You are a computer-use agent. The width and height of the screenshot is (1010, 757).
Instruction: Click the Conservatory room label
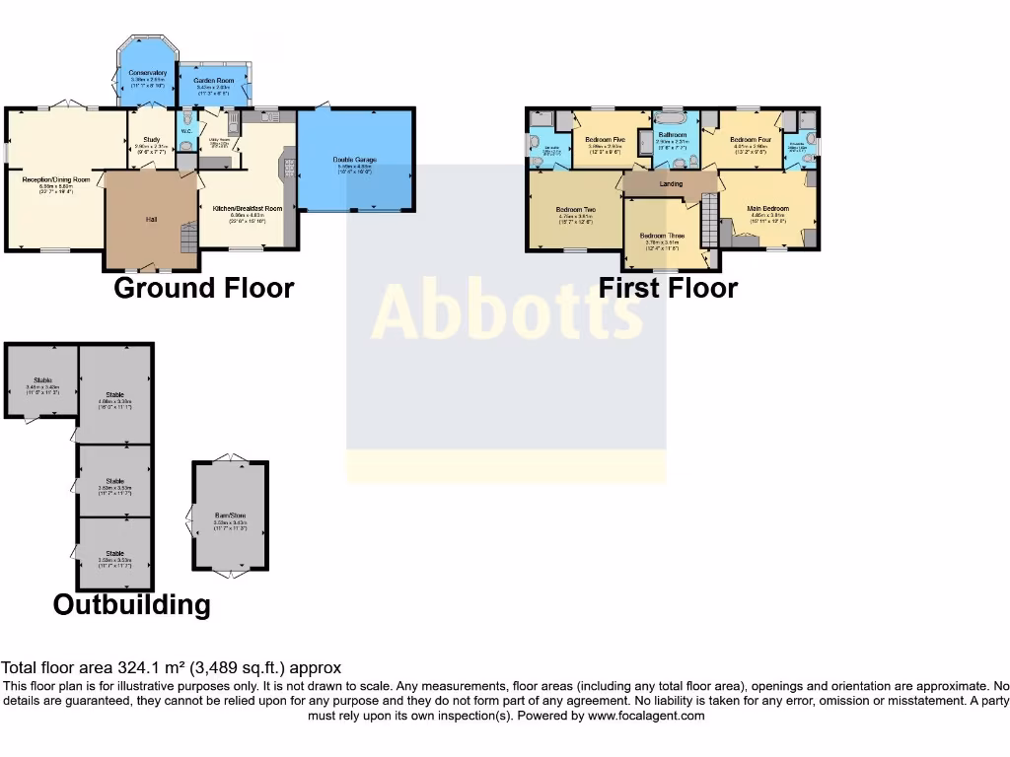(x=147, y=73)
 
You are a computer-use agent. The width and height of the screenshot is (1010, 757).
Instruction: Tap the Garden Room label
(x=212, y=80)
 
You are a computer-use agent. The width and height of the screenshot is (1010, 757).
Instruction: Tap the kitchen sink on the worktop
(x=272, y=117)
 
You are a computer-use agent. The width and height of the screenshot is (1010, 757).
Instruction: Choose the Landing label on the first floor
(x=671, y=183)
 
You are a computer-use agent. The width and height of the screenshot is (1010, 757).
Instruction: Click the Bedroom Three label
(x=661, y=236)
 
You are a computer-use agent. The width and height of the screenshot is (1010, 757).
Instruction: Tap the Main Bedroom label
(x=767, y=208)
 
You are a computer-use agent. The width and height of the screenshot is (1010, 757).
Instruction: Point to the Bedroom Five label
(x=605, y=140)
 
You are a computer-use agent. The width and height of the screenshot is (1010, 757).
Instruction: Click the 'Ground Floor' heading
(x=203, y=288)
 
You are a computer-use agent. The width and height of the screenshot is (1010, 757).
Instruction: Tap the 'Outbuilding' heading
(x=131, y=604)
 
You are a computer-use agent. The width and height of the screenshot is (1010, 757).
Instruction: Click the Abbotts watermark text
(x=506, y=310)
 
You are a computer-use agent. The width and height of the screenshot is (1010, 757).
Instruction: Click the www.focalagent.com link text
(x=646, y=716)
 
